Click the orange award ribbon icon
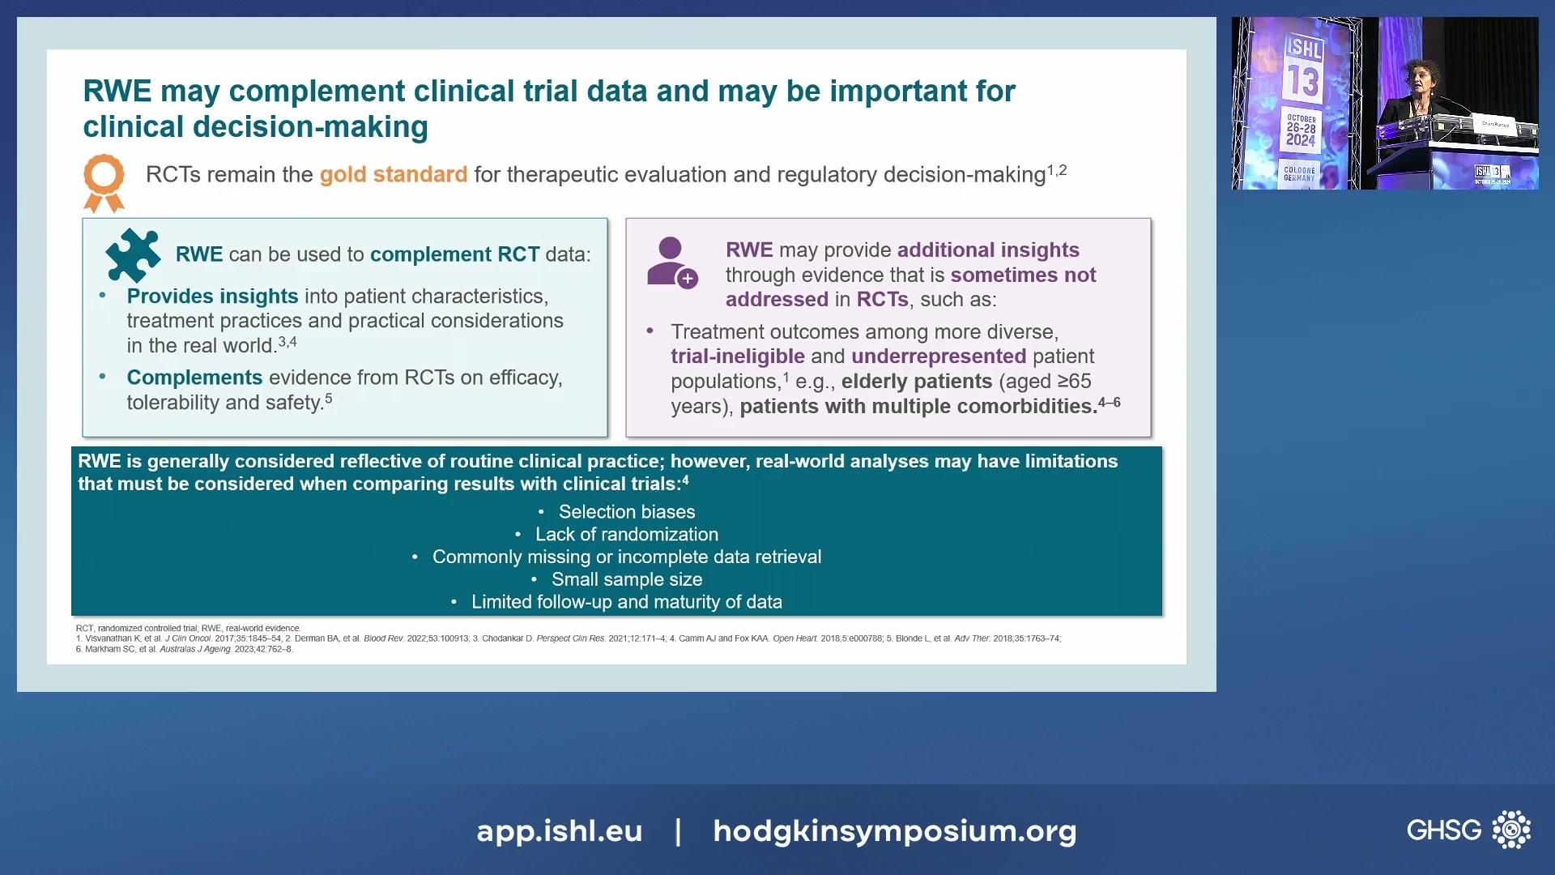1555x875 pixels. (x=104, y=181)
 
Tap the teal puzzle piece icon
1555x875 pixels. (x=133, y=254)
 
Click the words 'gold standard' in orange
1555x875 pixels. (x=393, y=175)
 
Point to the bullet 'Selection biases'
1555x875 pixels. (x=626, y=512)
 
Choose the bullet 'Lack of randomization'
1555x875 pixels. (x=626, y=535)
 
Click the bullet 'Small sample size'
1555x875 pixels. (x=626, y=580)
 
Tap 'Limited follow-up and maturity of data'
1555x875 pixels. (x=626, y=603)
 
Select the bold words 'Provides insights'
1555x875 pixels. (x=212, y=297)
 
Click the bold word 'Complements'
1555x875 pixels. (x=194, y=378)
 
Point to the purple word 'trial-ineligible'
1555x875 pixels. (x=737, y=356)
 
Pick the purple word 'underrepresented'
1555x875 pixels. (x=938, y=356)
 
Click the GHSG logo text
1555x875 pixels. (x=1443, y=830)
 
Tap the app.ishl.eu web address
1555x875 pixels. (x=559, y=831)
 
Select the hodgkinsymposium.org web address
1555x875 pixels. (x=894, y=831)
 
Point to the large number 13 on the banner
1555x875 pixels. (x=1303, y=82)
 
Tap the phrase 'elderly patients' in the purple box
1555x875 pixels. (x=916, y=382)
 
